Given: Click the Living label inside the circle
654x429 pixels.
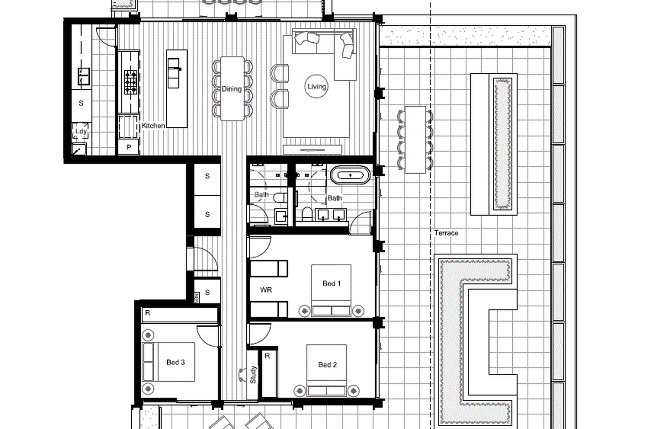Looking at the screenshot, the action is (316, 86).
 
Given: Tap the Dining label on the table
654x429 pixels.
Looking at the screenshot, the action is (231, 89).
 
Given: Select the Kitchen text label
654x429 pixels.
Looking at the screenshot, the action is (153, 126).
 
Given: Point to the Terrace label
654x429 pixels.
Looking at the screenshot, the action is (446, 233).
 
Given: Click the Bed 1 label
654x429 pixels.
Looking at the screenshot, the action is (331, 284).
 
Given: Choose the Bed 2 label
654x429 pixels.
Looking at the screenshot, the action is (327, 365).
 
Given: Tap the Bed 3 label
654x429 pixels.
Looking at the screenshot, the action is (176, 362).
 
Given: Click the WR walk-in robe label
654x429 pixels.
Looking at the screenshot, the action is (266, 290).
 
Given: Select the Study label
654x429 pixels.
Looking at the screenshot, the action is (253, 375).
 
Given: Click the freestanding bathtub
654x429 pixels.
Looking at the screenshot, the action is (350, 175).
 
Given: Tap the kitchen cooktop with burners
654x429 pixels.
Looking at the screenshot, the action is (131, 82).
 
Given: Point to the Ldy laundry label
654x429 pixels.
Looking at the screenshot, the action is (81, 131).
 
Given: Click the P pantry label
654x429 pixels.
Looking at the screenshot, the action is (129, 147).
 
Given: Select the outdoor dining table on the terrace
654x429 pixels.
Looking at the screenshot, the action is (415, 139).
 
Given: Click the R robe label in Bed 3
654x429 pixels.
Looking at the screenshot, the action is (148, 313).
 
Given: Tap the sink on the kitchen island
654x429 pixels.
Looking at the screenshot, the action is (174, 73).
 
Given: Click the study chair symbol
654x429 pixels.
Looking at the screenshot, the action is (242, 375).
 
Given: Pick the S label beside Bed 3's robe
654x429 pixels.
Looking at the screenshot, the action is (208, 292).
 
